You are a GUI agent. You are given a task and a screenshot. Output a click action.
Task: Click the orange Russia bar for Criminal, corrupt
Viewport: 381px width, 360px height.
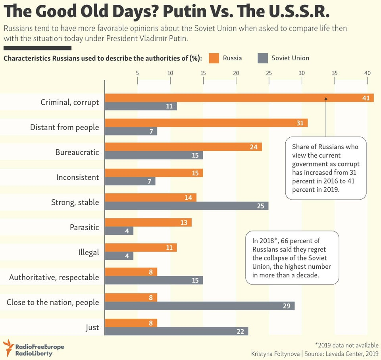pos(238,98)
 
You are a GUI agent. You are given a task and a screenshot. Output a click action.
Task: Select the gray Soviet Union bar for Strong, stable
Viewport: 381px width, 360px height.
pos(187,206)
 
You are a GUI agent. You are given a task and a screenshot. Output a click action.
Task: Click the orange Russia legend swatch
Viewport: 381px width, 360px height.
pos(212,58)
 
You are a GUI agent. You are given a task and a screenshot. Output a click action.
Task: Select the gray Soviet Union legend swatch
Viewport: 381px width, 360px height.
pos(263,58)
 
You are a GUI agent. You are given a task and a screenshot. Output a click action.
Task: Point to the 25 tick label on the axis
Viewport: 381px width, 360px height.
pos(269,73)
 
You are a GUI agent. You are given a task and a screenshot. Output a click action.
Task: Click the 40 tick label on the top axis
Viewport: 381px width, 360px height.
pos(368,73)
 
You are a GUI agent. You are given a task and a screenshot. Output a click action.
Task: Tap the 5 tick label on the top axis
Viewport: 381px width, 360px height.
pos(137,73)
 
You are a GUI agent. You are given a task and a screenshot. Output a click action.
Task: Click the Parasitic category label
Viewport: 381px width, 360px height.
pos(84,227)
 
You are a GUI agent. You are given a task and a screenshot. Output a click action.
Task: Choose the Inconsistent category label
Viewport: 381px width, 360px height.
pos(77,177)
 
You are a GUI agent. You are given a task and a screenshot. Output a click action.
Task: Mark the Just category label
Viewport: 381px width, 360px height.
pos(92,328)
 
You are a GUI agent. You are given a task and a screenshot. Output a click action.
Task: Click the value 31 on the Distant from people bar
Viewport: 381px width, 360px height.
pos(300,123)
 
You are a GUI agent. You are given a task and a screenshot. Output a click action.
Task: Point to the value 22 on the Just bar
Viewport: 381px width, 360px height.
pos(240,331)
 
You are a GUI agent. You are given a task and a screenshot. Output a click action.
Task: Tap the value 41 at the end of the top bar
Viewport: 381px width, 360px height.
pos(366,98)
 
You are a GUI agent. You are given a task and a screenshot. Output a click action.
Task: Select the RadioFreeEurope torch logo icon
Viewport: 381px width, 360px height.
pos(8,348)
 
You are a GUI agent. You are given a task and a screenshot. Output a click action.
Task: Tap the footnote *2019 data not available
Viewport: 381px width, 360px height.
pos(346,345)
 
